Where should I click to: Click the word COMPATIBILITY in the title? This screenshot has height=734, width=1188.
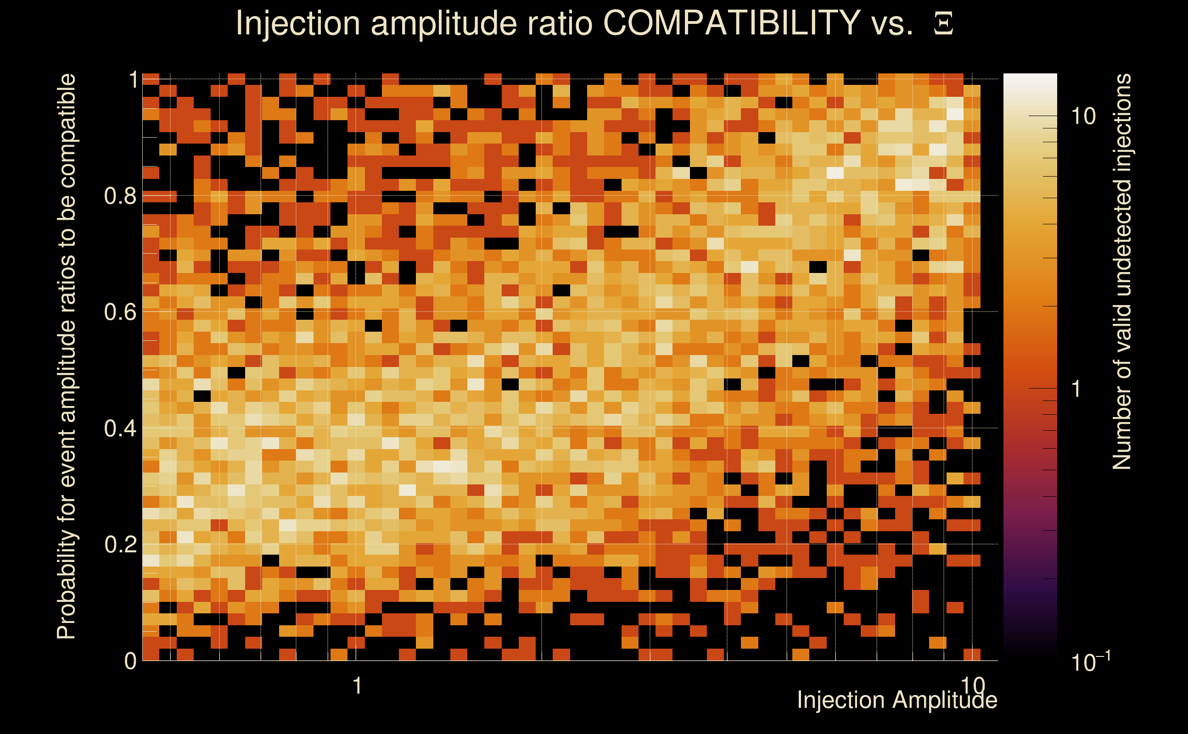pyautogui.click(x=731, y=23)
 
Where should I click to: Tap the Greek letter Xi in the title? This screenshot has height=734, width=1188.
pyautogui.click(x=943, y=24)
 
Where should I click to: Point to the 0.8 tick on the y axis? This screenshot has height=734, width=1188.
pyautogui.click(x=120, y=195)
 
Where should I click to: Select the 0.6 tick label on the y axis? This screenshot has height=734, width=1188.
pyautogui.click(x=120, y=311)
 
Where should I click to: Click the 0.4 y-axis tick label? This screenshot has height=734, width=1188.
pyautogui.click(x=120, y=428)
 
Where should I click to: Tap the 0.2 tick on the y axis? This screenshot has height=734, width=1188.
pyautogui.click(x=120, y=544)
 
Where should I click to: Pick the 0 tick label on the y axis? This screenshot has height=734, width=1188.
pyautogui.click(x=130, y=661)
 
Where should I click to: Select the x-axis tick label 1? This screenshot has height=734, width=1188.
pyautogui.click(x=358, y=685)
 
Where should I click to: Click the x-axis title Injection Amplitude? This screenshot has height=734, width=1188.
pyautogui.click(x=897, y=700)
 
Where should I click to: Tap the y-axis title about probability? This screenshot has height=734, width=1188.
pyautogui.click(x=67, y=356)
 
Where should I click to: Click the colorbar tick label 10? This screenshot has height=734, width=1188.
pyautogui.click(x=1083, y=117)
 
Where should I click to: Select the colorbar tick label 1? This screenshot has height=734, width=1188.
pyautogui.click(x=1076, y=389)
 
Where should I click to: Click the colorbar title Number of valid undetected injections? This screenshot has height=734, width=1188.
pyautogui.click(x=1121, y=272)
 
